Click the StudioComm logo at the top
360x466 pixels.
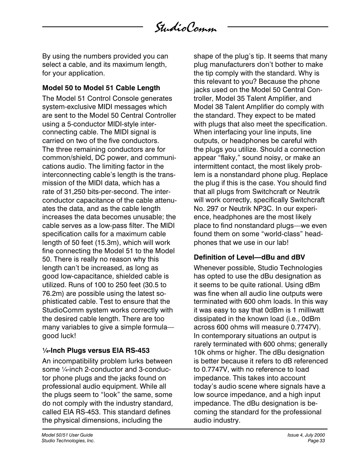coord(185,28)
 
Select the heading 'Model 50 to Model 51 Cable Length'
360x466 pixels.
coord(101,88)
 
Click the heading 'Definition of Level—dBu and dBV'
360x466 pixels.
coord(249,257)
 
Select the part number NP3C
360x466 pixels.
coord(279,209)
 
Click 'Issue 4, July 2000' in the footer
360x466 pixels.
coord(306,435)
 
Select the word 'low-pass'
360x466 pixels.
coord(113,226)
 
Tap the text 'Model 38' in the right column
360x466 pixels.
coord(208,107)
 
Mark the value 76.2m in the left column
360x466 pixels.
coord(52,294)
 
